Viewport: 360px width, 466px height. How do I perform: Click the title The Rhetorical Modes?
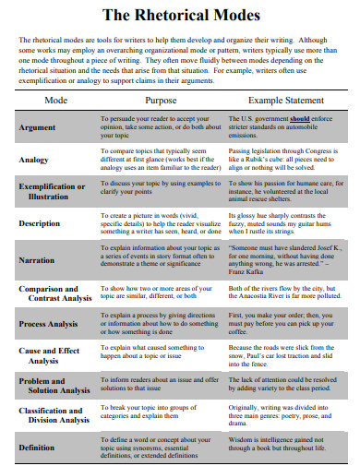pos(180,16)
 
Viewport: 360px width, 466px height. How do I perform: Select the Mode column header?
pos(55,100)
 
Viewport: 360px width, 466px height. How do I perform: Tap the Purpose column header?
pos(160,100)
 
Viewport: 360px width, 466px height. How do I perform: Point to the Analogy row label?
pos(34,160)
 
